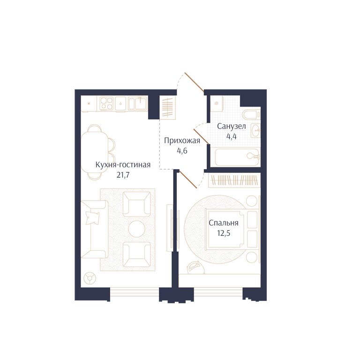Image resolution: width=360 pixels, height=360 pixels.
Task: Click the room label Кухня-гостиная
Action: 123,165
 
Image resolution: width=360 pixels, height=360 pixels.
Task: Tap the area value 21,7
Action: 123,175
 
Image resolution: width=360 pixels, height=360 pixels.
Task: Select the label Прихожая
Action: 182,141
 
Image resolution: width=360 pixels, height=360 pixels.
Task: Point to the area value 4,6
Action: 182,151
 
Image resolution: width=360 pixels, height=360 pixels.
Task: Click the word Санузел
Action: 232,126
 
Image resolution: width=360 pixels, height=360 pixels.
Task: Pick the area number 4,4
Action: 232,136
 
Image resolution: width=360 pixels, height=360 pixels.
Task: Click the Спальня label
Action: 224,223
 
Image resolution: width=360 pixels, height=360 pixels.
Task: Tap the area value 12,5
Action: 224,233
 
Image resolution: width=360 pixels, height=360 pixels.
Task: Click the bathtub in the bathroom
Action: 237,157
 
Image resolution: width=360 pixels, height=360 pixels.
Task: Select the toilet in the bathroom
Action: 252,114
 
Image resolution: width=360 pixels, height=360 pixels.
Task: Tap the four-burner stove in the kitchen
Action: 106,103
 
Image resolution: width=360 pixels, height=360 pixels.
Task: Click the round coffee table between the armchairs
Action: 136,229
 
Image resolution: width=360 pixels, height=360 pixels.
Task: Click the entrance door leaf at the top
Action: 194,82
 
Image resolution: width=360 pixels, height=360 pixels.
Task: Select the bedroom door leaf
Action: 188,179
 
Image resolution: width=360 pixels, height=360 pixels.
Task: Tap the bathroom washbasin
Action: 255,131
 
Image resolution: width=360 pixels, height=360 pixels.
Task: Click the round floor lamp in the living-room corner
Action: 90,278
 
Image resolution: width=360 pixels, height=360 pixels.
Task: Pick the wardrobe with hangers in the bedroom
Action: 234,180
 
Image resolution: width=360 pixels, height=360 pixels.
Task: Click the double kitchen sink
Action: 137,103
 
